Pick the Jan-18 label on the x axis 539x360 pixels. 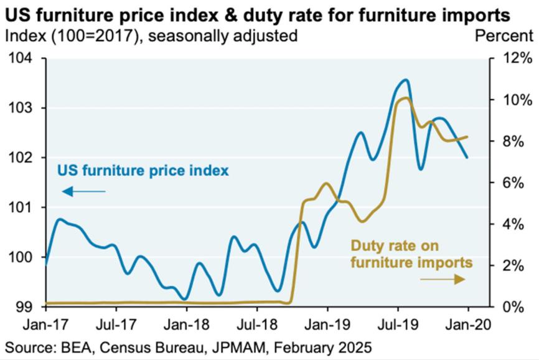coord(187,324)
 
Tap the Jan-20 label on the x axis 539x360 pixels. coord(467,324)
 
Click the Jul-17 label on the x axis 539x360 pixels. coord(116,324)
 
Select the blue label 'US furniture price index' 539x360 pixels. coord(143,170)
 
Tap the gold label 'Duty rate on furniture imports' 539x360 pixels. coord(411,253)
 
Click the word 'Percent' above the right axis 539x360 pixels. coord(504,36)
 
